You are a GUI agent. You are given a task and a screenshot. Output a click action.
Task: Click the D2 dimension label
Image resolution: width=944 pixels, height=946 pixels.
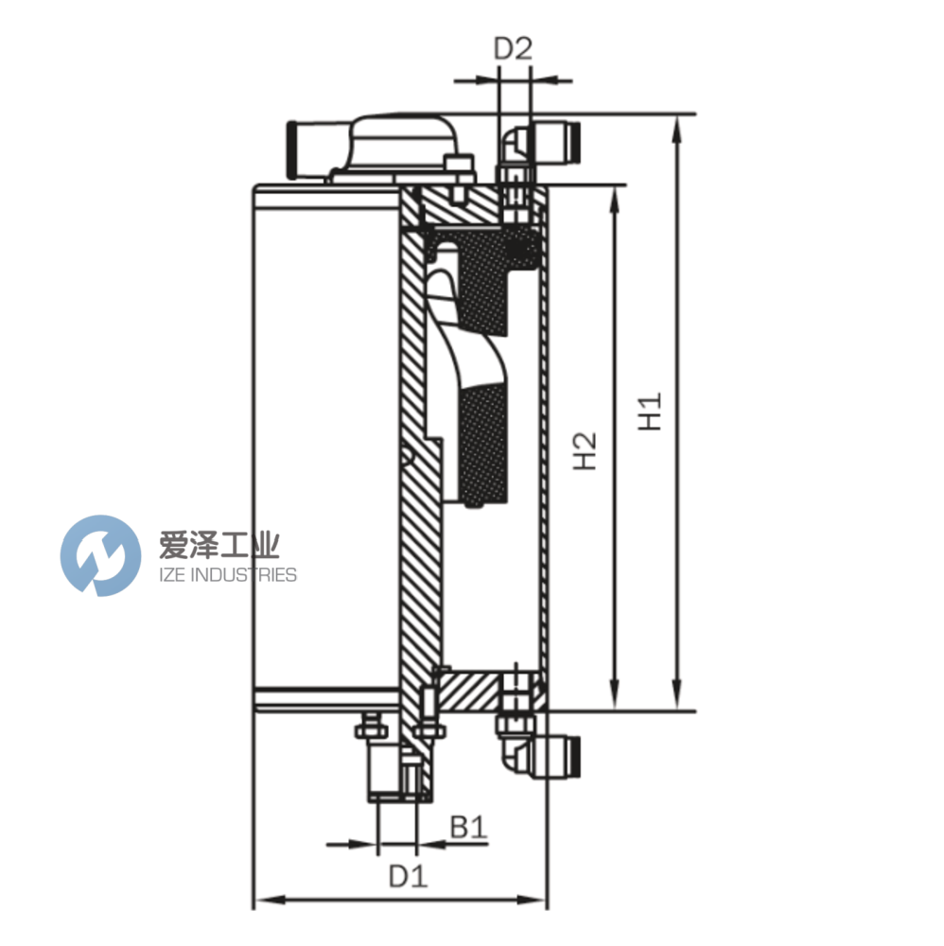(x=514, y=49)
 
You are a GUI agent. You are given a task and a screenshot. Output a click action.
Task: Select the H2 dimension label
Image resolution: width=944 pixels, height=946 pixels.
(x=587, y=449)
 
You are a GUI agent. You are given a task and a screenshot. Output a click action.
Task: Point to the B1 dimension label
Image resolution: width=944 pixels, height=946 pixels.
(x=467, y=828)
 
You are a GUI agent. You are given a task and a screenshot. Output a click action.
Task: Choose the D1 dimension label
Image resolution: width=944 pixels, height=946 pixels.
(x=408, y=877)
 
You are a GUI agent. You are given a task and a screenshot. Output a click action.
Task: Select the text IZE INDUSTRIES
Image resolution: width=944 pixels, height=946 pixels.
(x=219, y=574)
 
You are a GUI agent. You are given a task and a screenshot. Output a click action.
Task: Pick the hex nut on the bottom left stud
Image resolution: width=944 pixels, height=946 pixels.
(x=368, y=730)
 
